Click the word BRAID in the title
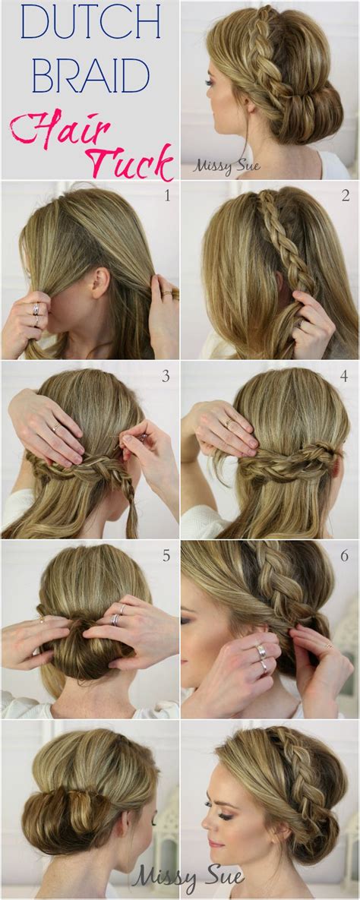tap(80, 77)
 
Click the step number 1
tap(166, 197)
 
